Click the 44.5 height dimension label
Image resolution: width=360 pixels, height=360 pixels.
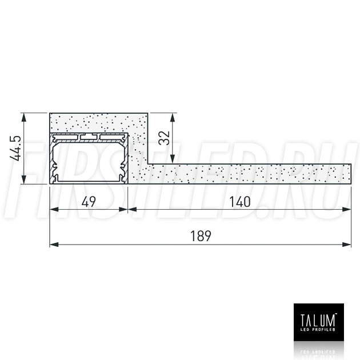[15, 149]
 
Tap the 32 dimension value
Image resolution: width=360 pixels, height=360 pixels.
[164, 138]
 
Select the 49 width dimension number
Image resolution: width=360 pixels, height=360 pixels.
[89, 202]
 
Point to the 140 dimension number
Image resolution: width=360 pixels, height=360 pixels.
[240, 202]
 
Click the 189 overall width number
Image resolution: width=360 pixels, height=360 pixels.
[201, 236]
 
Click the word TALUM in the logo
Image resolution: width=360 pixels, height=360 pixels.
[318, 320]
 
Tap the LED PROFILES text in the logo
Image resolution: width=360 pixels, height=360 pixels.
[318, 330]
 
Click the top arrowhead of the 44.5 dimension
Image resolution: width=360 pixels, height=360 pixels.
[23, 118]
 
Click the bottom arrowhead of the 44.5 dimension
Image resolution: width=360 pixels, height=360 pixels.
[23, 179]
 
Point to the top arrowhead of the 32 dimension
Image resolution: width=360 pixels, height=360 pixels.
[173, 118]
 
